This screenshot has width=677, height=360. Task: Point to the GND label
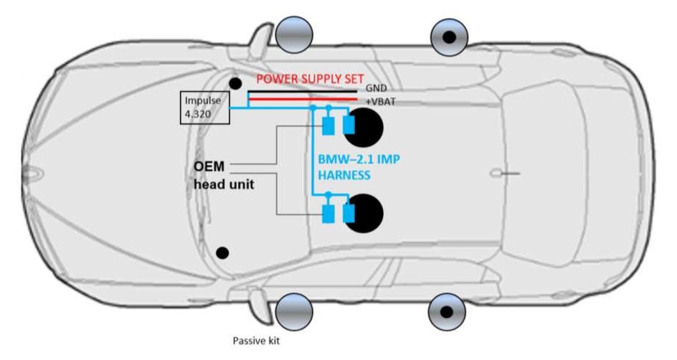point(377,87)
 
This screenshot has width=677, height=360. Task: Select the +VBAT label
point(379,102)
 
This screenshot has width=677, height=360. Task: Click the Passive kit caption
point(256,341)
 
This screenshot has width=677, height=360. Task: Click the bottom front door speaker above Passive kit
point(295,312)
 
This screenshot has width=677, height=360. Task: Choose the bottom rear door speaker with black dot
point(447,312)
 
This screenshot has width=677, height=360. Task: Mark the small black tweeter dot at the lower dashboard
point(223,252)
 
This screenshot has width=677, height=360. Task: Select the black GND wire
point(301,93)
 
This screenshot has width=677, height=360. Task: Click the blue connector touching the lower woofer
point(349,213)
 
